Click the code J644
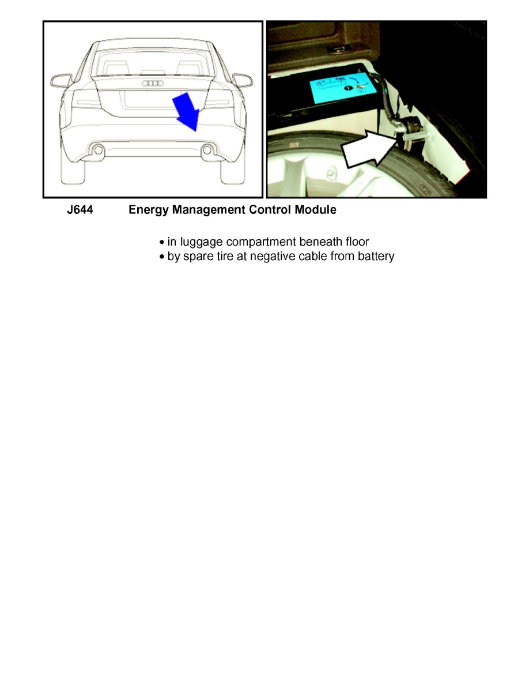[x=81, y=210]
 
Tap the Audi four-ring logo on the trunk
[x=153, y=84]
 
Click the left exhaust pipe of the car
[x=99, y=150]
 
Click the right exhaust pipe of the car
[x=207, y=150]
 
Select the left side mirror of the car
[x=61, y=80]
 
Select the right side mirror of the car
[x=243, y=80]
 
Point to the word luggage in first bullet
[x=199, y=242]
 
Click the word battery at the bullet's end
[x=376, y=257]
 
